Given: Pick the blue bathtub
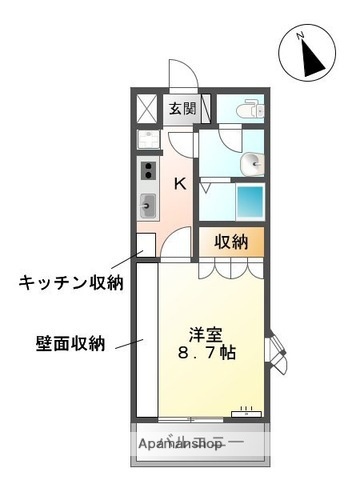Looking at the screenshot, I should tap(250, 198).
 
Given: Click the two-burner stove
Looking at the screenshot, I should tap(148, 170).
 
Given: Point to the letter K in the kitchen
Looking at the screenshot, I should tap(181, 183).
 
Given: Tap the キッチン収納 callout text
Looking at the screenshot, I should tap(71, 282).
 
